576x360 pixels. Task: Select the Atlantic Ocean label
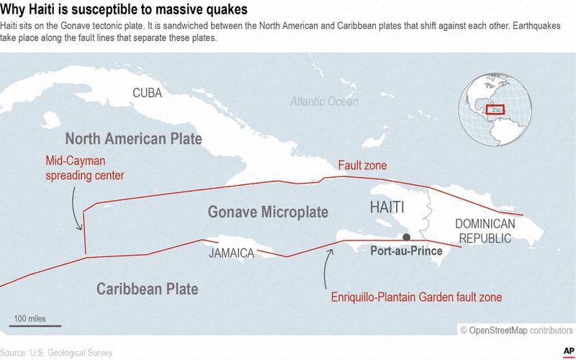pos(324,102)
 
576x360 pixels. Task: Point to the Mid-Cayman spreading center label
pos(85,168)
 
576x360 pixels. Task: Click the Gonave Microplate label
pos(268,212)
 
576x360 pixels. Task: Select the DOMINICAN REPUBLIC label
pos(485,230)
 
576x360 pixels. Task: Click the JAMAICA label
pos(232,253)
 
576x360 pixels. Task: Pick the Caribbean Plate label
pos(147,289)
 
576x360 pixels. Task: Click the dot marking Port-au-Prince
pos(407,238)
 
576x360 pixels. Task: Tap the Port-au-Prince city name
pos(405,253)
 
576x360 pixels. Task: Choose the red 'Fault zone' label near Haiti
pos(362,166)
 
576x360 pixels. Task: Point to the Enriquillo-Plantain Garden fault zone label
pos(416,296)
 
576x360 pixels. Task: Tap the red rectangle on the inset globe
pos(495,109)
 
